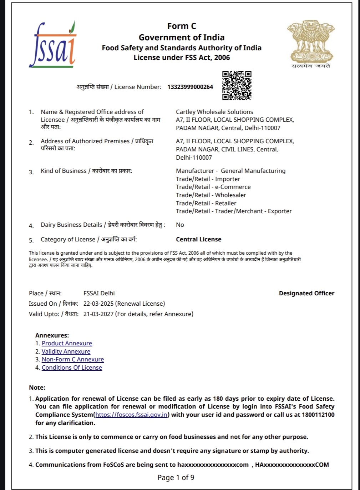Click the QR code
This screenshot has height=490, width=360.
pos(237,85)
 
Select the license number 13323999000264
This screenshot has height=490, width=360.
pos(190,87)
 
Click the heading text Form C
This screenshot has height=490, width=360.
pos(182,26)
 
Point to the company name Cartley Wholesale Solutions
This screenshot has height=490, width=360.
pos(214,112)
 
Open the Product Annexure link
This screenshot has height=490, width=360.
pos(67,343)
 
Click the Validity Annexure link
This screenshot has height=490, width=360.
pos(66,351)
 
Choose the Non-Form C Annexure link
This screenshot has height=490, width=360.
pos(73,359)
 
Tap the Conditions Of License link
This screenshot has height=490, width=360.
pos(72,367)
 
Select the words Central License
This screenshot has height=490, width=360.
pos(198,239)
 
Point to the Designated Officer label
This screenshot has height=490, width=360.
pos(306,293)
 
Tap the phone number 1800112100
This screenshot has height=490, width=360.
pos(318,415)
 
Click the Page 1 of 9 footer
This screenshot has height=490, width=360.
pos(176,477)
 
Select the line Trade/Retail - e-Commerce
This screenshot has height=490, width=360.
pos(213,187)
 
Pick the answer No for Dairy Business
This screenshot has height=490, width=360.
pos(180,225)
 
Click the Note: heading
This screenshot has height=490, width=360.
pos(37,387)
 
